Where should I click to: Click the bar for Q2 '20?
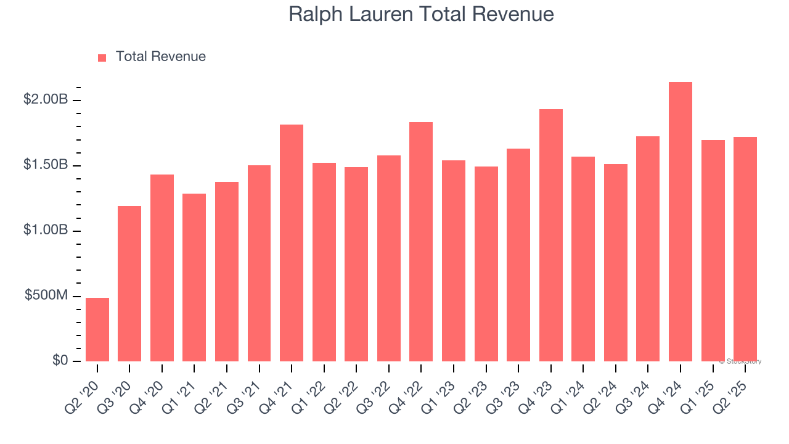point(97,329)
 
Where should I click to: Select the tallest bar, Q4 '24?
point(681,222)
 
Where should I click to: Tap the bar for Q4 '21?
point(292,243)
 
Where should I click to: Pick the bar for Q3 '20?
point(129,284)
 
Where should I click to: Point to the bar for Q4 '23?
point(551,235)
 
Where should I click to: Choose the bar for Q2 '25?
point(745,249)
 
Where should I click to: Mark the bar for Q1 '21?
point(194,277)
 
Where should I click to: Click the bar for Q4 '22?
point(421,242)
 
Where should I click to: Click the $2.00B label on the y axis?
point(46,99)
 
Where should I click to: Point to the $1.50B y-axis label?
point(46,165)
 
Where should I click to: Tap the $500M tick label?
point(46,295)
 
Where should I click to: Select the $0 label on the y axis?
point(59,360)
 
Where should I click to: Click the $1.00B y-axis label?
point(46,230)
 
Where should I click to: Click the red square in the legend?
point(102,57)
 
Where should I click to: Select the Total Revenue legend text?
point(160,57)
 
